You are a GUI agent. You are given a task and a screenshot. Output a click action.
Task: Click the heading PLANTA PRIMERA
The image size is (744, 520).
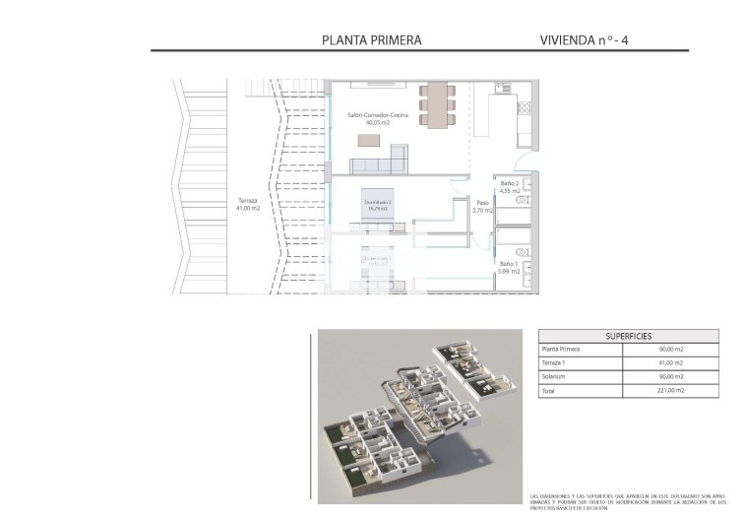click(372, 40)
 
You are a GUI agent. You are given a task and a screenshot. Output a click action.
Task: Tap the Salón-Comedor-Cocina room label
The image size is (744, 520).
click(377, 115)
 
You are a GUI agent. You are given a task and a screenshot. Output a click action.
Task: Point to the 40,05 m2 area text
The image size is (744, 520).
click(377, 124)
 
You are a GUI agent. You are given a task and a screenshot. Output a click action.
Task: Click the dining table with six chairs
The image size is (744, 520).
click(437, 104)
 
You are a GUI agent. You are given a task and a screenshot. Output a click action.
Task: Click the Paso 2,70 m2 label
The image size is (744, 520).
click(481, 206)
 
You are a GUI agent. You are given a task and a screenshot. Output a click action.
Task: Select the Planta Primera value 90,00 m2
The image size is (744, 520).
click(670, 350)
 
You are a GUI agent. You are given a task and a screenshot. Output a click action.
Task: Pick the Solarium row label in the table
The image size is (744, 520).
click(553, 377)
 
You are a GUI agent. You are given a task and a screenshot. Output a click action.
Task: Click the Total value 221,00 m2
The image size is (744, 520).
click(670, 391)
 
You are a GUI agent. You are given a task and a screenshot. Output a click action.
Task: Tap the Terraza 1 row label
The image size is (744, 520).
click(555, 363)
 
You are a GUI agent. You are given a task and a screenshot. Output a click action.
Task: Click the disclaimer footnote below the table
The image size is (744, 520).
click(627, 500)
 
